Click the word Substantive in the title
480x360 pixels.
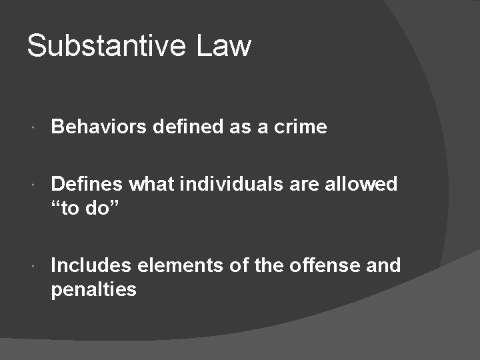[x=107, y=46]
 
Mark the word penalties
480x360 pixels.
[x=94, y=289]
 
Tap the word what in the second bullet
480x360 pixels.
[x=151, y=183]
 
